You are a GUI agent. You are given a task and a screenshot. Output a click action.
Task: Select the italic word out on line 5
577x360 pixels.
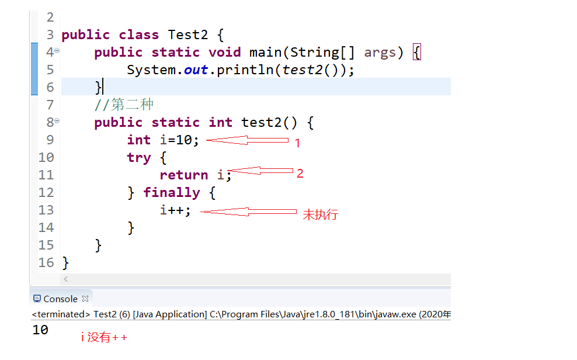pos(196,70)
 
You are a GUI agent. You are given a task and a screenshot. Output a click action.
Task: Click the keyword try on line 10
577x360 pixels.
pos(139,158)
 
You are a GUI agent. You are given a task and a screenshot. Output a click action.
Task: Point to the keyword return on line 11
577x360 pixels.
pos(183,175)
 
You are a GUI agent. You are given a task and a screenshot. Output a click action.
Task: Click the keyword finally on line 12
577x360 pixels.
pos(172,193)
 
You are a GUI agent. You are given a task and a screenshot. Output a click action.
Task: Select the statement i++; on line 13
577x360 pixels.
pos(175,210)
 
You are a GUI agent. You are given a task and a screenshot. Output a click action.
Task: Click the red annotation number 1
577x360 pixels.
pos(297,143)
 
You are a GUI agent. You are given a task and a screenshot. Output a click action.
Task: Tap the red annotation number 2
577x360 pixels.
pos(300,174)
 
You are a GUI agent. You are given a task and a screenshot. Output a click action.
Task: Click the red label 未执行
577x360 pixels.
pos(320,214)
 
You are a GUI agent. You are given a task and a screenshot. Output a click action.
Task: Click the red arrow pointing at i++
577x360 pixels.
pos(248,212)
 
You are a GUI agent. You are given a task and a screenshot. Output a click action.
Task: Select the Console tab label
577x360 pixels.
pos(60,299)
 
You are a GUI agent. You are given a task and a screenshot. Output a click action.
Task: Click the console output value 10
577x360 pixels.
pos(40,330)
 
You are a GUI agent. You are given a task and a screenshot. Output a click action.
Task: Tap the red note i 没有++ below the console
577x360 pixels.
pos(104,338)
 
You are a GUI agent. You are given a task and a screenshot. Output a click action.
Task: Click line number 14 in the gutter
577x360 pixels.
pos(46,228)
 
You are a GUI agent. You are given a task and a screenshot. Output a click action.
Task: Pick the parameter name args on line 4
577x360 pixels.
pos(380,53)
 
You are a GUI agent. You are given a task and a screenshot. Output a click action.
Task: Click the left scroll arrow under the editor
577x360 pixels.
pos(65,280)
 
